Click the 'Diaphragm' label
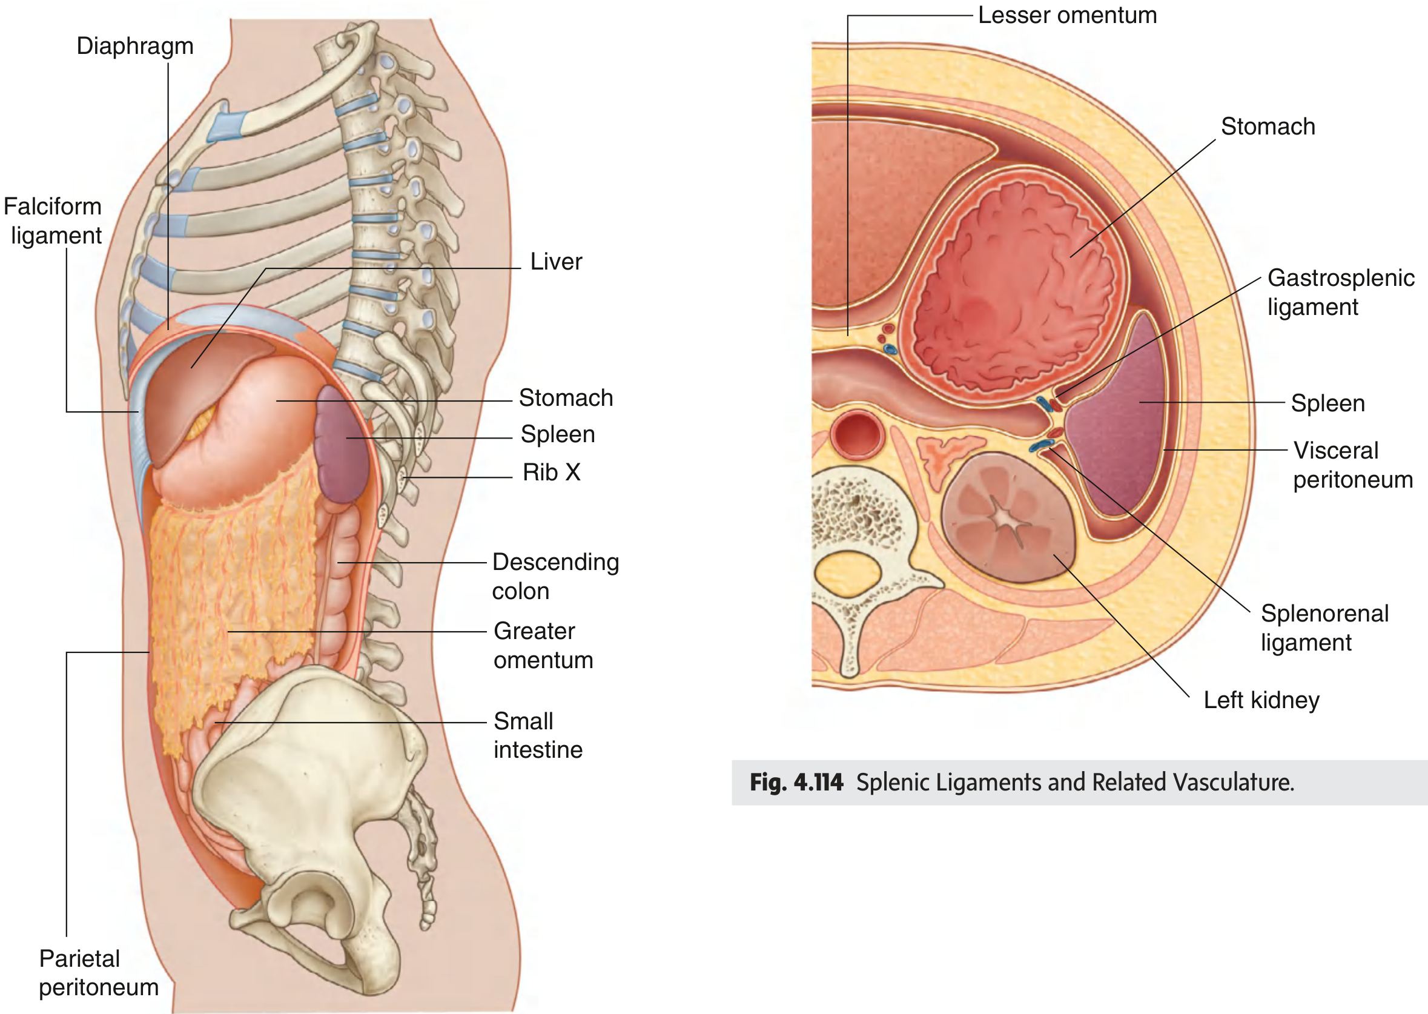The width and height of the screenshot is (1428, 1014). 135,47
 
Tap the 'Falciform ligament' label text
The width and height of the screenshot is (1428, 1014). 53,221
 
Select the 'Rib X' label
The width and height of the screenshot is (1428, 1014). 552,472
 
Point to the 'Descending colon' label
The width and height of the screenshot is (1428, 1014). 555,576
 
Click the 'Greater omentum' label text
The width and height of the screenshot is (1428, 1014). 543,646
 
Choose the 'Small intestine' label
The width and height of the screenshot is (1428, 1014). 538,735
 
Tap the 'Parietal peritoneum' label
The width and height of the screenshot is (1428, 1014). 99,973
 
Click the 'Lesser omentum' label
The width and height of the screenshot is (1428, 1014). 1067,15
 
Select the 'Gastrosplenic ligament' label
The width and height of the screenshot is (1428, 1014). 1341,292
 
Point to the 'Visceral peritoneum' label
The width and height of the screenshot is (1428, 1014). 1353,465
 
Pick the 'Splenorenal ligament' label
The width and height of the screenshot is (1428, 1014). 1324,628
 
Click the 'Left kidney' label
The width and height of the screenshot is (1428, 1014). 1261,700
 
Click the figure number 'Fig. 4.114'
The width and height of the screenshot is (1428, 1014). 796,783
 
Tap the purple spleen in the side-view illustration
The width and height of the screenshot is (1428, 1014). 340,445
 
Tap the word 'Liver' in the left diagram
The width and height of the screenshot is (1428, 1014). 555,262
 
